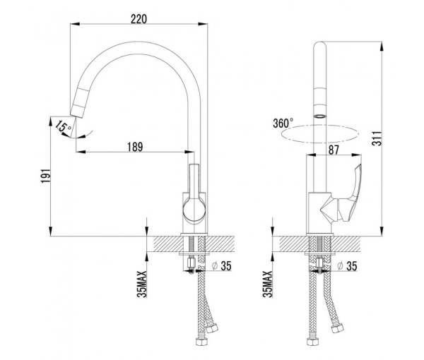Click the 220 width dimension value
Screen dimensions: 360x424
click(x=139, y=19)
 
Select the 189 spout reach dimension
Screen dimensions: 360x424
click(x=135, y=147)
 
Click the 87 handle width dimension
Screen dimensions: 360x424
click(x=335, y=150)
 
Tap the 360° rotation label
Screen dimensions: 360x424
click(x=282, y=123)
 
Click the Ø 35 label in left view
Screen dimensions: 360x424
click(x=222, y=267)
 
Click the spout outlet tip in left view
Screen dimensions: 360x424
click(x=76, y=110)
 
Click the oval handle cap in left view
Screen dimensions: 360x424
click(x=192, y=208)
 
